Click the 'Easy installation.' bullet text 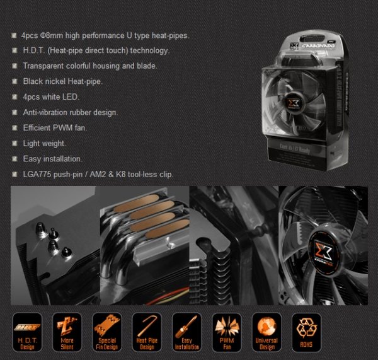click(x=52, y=158)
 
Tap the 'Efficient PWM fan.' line click(x=55, y=127)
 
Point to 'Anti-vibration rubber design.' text click(x=70, y=112)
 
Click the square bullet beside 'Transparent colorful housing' click(x=14, y=66)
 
